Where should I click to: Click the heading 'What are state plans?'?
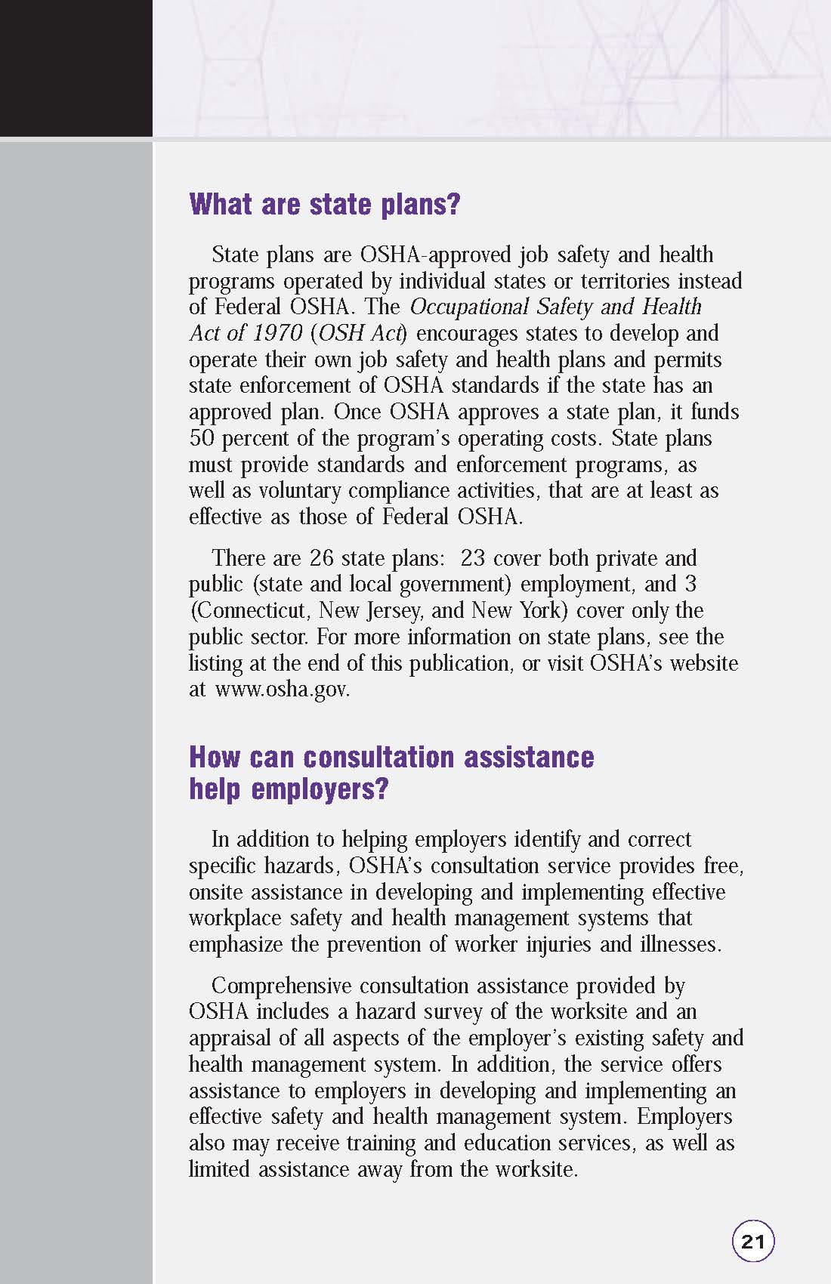(x=324, y=204)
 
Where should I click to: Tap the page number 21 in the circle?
(x=753, y=1241)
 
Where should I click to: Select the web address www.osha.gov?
(x=282, y=690)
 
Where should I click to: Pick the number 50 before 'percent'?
(x=202, y=438)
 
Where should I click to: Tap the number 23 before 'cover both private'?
(x=472, y=558)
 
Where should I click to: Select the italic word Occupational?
(x=469, y=307)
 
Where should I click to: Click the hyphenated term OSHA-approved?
(x=436, y=255)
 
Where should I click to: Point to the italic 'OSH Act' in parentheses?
(x=360, y=333)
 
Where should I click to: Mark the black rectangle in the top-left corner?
(x=76, y=68)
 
